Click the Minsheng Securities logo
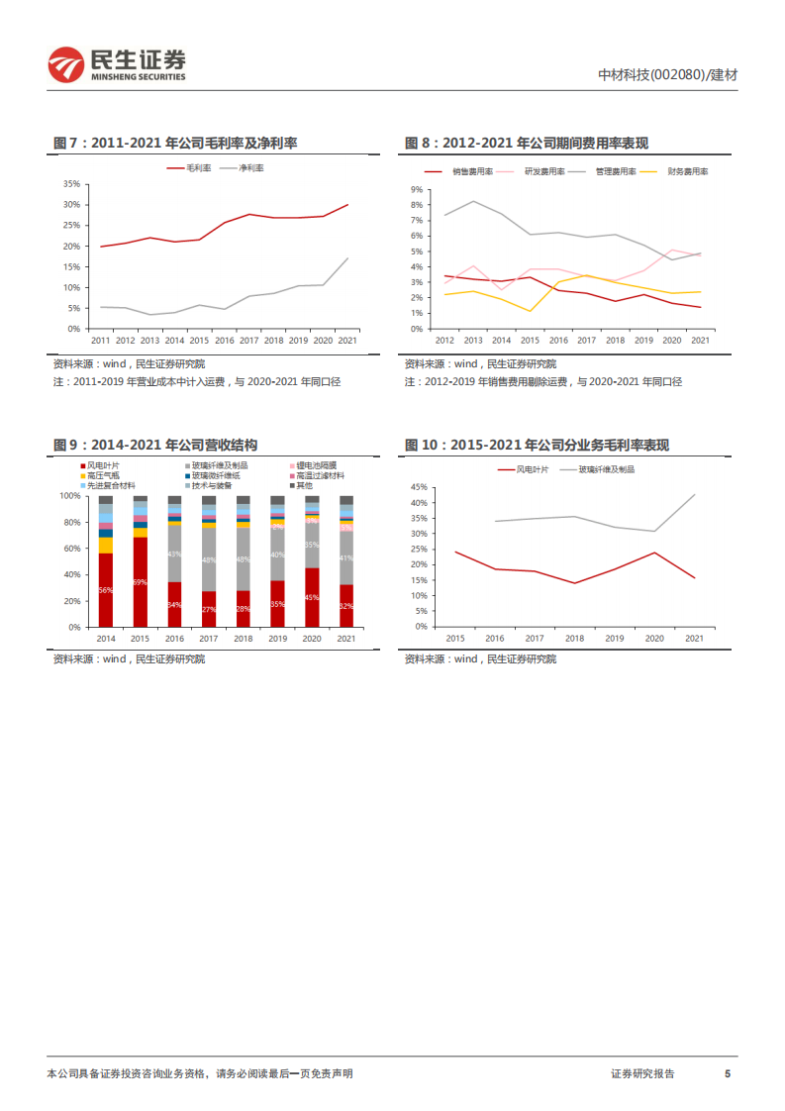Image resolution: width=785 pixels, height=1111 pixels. pyautogui.click(x=117, y=64)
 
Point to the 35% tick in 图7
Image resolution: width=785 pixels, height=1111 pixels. pyautogui.click(x=71, y=184)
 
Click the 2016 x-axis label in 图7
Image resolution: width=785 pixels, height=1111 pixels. pyautogui.click(x=225, y=341)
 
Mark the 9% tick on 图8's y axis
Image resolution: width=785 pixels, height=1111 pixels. pyautogui.click(x=417, y=188)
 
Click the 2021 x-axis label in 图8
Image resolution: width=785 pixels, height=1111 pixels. pyautogui.click(x=699, y=341)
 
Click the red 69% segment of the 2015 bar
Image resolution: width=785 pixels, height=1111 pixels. pyautogui.click(x=140, y=581)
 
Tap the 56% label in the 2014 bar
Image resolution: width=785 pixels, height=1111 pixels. pyautogui.click(x=105, y=591)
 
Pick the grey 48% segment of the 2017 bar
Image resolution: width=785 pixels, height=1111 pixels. pyautogui.click(x=209, y=560)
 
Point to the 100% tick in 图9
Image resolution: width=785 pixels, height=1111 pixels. pyautogui.click(x=68, y=495)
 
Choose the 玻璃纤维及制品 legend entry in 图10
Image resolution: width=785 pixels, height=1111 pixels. pyautogui.click(x=602, y=469)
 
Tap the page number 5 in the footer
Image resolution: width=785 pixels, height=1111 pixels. pyautogui.click(x=728, y=1073)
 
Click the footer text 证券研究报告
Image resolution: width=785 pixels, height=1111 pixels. pyautogui.click(x=642, y=1073)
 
